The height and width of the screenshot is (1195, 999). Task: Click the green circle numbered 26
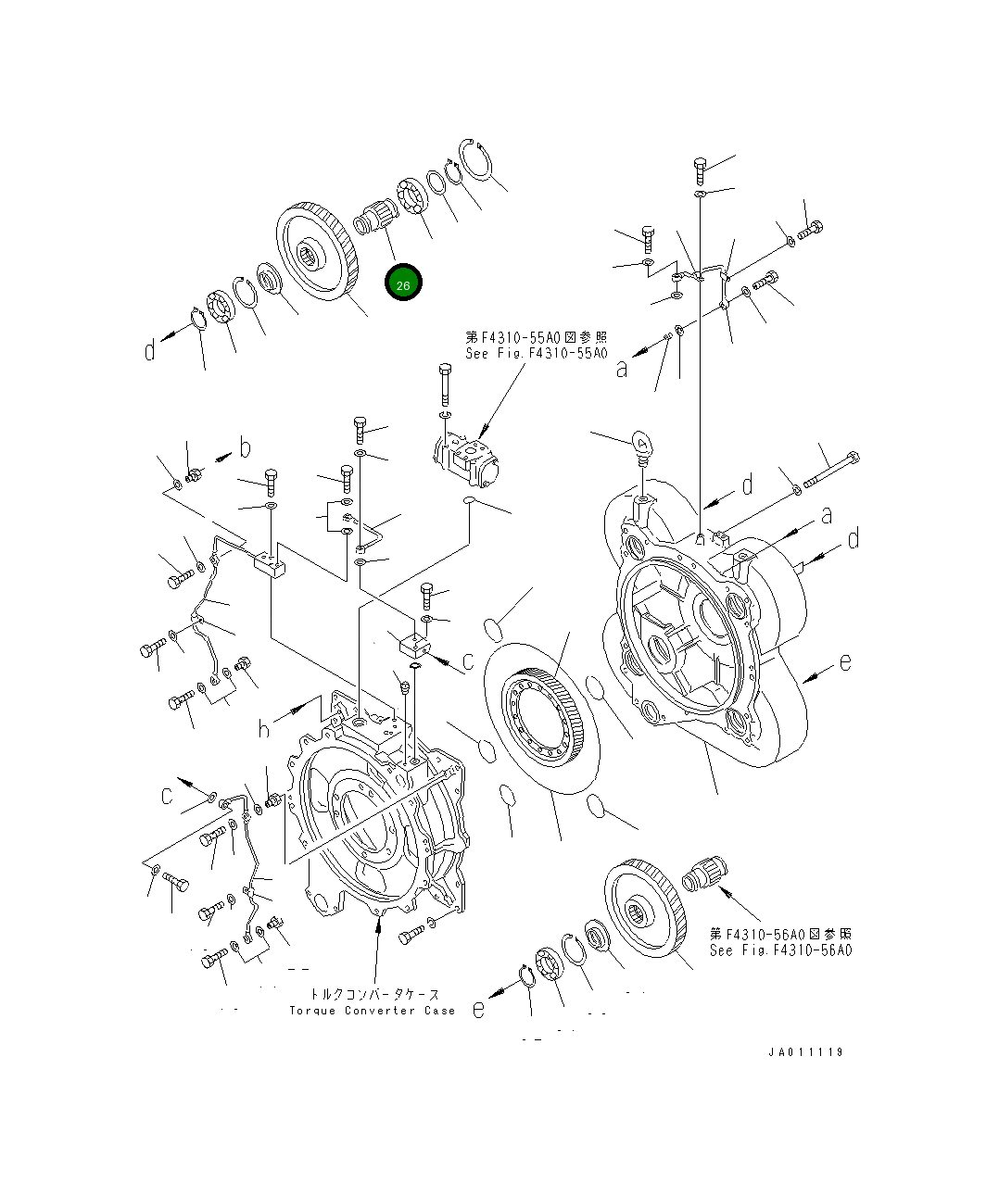(403, 283)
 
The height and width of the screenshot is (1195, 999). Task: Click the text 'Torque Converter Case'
(372, 1011)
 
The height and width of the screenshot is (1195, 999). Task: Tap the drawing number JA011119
(804, 1052)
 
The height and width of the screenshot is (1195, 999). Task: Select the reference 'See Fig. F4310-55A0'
(536, 353)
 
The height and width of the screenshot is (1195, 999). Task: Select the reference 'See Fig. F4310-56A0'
(780, 950)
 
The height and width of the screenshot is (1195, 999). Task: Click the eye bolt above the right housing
(642, 444)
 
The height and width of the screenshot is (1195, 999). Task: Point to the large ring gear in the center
(540, 716)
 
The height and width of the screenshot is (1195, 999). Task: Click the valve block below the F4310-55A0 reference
(468, 460)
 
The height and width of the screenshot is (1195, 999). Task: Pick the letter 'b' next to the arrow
(245, 448)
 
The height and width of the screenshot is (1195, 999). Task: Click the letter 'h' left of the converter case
(264, 730)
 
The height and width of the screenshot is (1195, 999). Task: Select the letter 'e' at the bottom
(478, 1009)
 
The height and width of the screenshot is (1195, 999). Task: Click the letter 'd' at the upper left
(150, 351)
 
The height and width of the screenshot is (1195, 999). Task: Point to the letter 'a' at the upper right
(622, 370)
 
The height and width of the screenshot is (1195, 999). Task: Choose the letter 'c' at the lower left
(168, 795)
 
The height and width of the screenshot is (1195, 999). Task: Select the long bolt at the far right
(830, 469)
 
